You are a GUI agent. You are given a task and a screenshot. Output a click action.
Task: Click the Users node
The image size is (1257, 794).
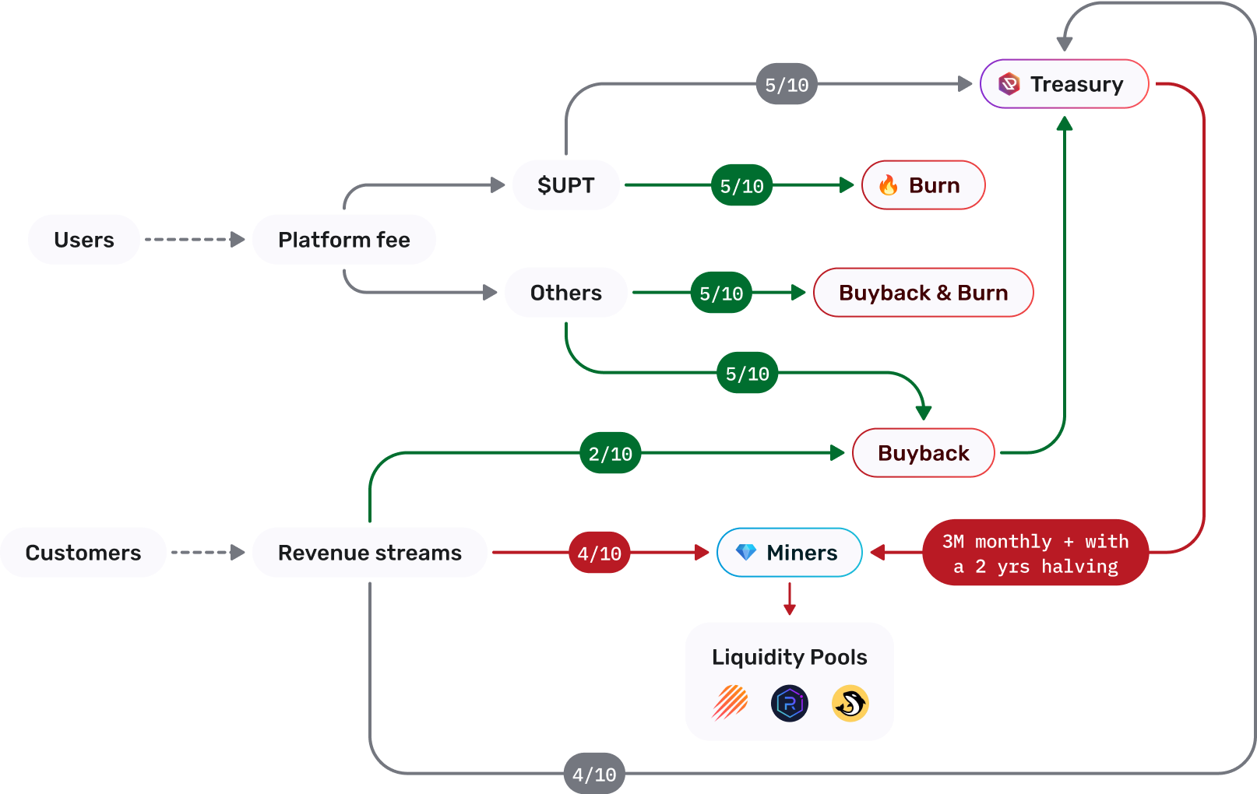[84, 240]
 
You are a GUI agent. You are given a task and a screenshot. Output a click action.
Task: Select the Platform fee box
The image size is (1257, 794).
[343, 240]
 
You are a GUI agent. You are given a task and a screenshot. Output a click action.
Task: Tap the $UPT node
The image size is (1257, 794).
[565, 185]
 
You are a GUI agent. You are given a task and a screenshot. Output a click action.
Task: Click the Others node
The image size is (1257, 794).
[565, 293]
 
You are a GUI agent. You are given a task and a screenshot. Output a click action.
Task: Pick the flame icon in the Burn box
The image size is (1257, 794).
[888, 185]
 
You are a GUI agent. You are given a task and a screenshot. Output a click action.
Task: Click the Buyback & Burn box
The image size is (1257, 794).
[923, 293]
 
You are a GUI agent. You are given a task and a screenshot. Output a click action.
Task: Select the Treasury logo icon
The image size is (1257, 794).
[1009, 83]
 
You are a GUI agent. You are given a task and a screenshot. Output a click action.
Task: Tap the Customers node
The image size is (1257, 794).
[83, 553]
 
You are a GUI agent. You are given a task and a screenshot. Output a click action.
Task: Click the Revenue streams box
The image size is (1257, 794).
[370, 553]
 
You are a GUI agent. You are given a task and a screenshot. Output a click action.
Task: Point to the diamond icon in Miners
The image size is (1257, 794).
[746, 552]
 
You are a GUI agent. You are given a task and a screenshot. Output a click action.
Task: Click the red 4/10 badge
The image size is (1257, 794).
[599, 553]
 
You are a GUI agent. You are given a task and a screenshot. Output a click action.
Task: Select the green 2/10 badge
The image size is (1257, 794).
[610, 453]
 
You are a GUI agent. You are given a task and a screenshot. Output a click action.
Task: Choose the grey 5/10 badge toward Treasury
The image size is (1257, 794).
[787, 84]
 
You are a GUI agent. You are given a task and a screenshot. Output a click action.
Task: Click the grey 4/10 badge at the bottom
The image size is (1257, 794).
[594, 774]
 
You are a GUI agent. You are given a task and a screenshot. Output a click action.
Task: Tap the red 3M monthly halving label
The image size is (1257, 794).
[1035, 553]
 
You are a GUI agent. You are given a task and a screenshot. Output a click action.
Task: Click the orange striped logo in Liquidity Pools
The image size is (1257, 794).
[731, 703]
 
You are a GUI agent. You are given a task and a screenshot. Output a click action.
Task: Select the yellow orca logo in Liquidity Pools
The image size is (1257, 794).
[850, 704]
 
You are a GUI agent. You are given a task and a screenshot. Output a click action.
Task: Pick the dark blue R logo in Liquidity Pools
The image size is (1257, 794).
[790, 704]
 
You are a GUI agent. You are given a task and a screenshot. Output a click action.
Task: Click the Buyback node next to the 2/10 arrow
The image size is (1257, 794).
[923, 453]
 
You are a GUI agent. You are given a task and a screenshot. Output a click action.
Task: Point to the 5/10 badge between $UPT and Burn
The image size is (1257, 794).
[741, 186]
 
